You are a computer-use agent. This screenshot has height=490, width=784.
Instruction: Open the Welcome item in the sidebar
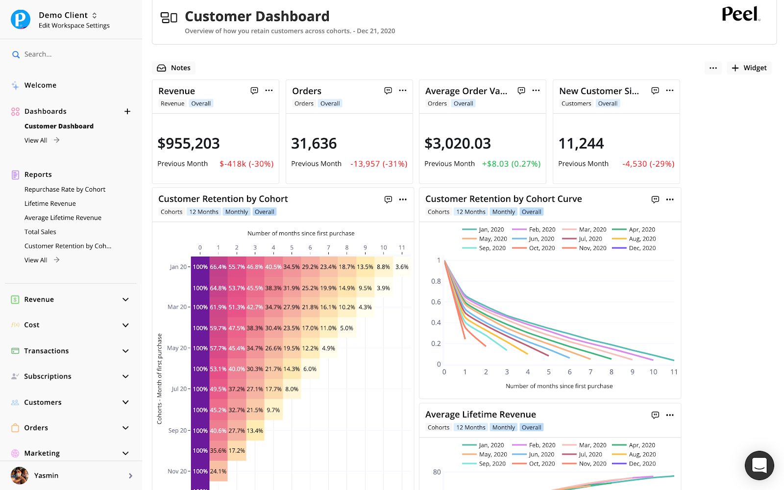pyautogui.click(x=40, y=85)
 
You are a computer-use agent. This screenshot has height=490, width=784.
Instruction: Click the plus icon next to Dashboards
pyautogui.click(x=127, y=111)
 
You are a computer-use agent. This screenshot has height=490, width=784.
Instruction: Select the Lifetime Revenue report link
pyautogui.click(x=50, y=203)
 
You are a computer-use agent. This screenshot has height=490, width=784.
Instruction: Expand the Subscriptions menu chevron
pyautogui.click(x=125, y=376)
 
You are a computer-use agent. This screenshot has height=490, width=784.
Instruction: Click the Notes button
pyautogui.click(x=174, y=68)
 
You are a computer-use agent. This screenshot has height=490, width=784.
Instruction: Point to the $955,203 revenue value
pyautogui.click(x=189, y=144)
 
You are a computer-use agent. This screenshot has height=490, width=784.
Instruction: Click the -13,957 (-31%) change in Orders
pyautogui.click(x=379, y=164)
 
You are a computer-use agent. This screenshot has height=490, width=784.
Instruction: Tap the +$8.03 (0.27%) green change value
pyautogui.click(x=511, y=164)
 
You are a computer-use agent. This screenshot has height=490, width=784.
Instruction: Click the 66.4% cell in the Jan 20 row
pyautogui.click(x=218, y=267)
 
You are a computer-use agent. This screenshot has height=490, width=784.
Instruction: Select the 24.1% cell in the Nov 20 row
pyautogui.click(x=218, y=471)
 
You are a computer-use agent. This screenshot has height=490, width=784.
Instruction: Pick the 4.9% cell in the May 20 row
pyautogui.click(x=328, y=348)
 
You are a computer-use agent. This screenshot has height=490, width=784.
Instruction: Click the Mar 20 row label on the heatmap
pyautogui.click(x=177, y=307)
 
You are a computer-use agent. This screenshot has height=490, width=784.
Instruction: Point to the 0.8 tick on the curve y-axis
pyautogui.click(x=436, y=281)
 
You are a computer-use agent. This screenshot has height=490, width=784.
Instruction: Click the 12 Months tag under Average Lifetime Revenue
pyautogui.click(x=470, y=427)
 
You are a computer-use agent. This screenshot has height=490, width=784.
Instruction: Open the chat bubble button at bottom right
pyautogui.click(x=759, y=465)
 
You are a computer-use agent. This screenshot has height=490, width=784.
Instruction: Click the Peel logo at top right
pyautogui.click(x=740, y=14)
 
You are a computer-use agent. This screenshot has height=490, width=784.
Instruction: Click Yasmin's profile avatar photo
pyautogui.click(x=20, y=475)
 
